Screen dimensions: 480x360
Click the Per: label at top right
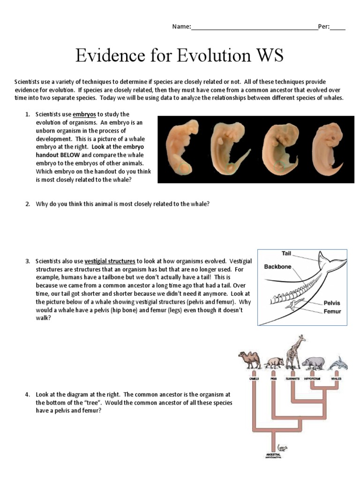[x=323, y=27]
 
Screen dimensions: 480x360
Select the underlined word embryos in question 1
[x=84, y=114]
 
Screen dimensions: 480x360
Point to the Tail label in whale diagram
[x=286, y=254]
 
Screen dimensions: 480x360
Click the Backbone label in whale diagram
[x=277, y=267]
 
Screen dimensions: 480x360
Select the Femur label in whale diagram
[x=332, y=311]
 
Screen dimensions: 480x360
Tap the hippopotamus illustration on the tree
[x=313, y=363]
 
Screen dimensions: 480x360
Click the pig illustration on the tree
[x=274, y=363]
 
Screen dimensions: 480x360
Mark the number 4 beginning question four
[x=28, y=394]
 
